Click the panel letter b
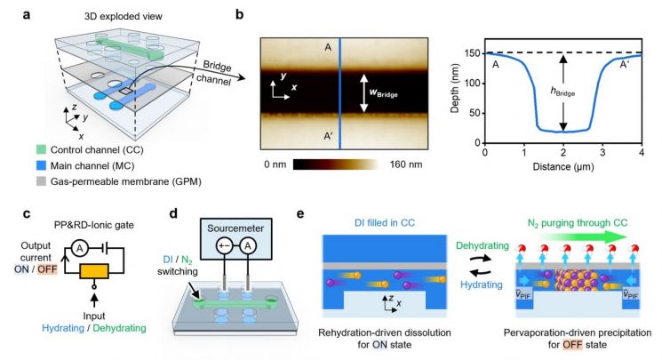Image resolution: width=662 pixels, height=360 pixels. click(x=239, y=14)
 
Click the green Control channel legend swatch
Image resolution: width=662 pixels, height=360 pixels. click(x=41, y=149)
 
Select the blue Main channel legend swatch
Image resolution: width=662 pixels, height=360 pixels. click(x=41, y=165)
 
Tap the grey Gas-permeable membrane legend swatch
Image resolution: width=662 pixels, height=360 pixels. click(x=41, y=181)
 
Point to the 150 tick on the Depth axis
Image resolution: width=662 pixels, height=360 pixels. click(x=473, y=53)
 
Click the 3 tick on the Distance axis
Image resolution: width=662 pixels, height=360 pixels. click(x=602, y=152)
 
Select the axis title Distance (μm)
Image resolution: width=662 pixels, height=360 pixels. click(x=563, y=166)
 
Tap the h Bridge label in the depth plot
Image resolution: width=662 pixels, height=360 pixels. click(x=563, y=92)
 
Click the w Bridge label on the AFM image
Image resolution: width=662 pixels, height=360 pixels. click(x=383, y=92)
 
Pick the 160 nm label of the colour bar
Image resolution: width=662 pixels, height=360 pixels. click(x=406, y=164)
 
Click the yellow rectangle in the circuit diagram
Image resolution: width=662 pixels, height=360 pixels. click(x=94, y=271)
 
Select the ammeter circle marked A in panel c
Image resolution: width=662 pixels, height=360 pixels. click(x=79, y=249)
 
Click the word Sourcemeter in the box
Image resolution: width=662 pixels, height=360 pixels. click(x=235, y=228)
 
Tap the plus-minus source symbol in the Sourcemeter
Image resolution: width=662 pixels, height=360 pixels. click(x=224, y=245)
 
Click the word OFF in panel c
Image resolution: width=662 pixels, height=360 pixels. click(x=47, y=269)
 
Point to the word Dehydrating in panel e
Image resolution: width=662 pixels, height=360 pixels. click(x=483, y=245)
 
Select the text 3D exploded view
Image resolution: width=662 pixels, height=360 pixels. click(x=124, y=17)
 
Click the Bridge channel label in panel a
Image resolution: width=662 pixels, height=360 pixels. click(x=214, y=73)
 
